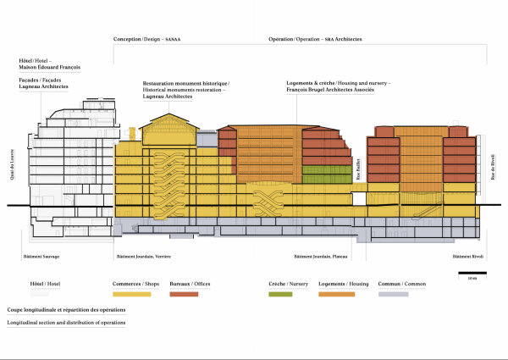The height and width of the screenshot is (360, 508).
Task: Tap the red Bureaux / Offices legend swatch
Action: [x=184, y=294]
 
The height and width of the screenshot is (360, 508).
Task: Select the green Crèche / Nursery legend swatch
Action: [x=279, y=294]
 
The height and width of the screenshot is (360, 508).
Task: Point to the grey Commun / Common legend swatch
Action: [x=393, y=294]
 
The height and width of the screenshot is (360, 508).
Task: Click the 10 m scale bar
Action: [x=472, y=274]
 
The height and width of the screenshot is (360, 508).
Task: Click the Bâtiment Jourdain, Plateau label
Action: [x=319, y=256]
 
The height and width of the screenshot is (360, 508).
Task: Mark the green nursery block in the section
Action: [x=327, y=176]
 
